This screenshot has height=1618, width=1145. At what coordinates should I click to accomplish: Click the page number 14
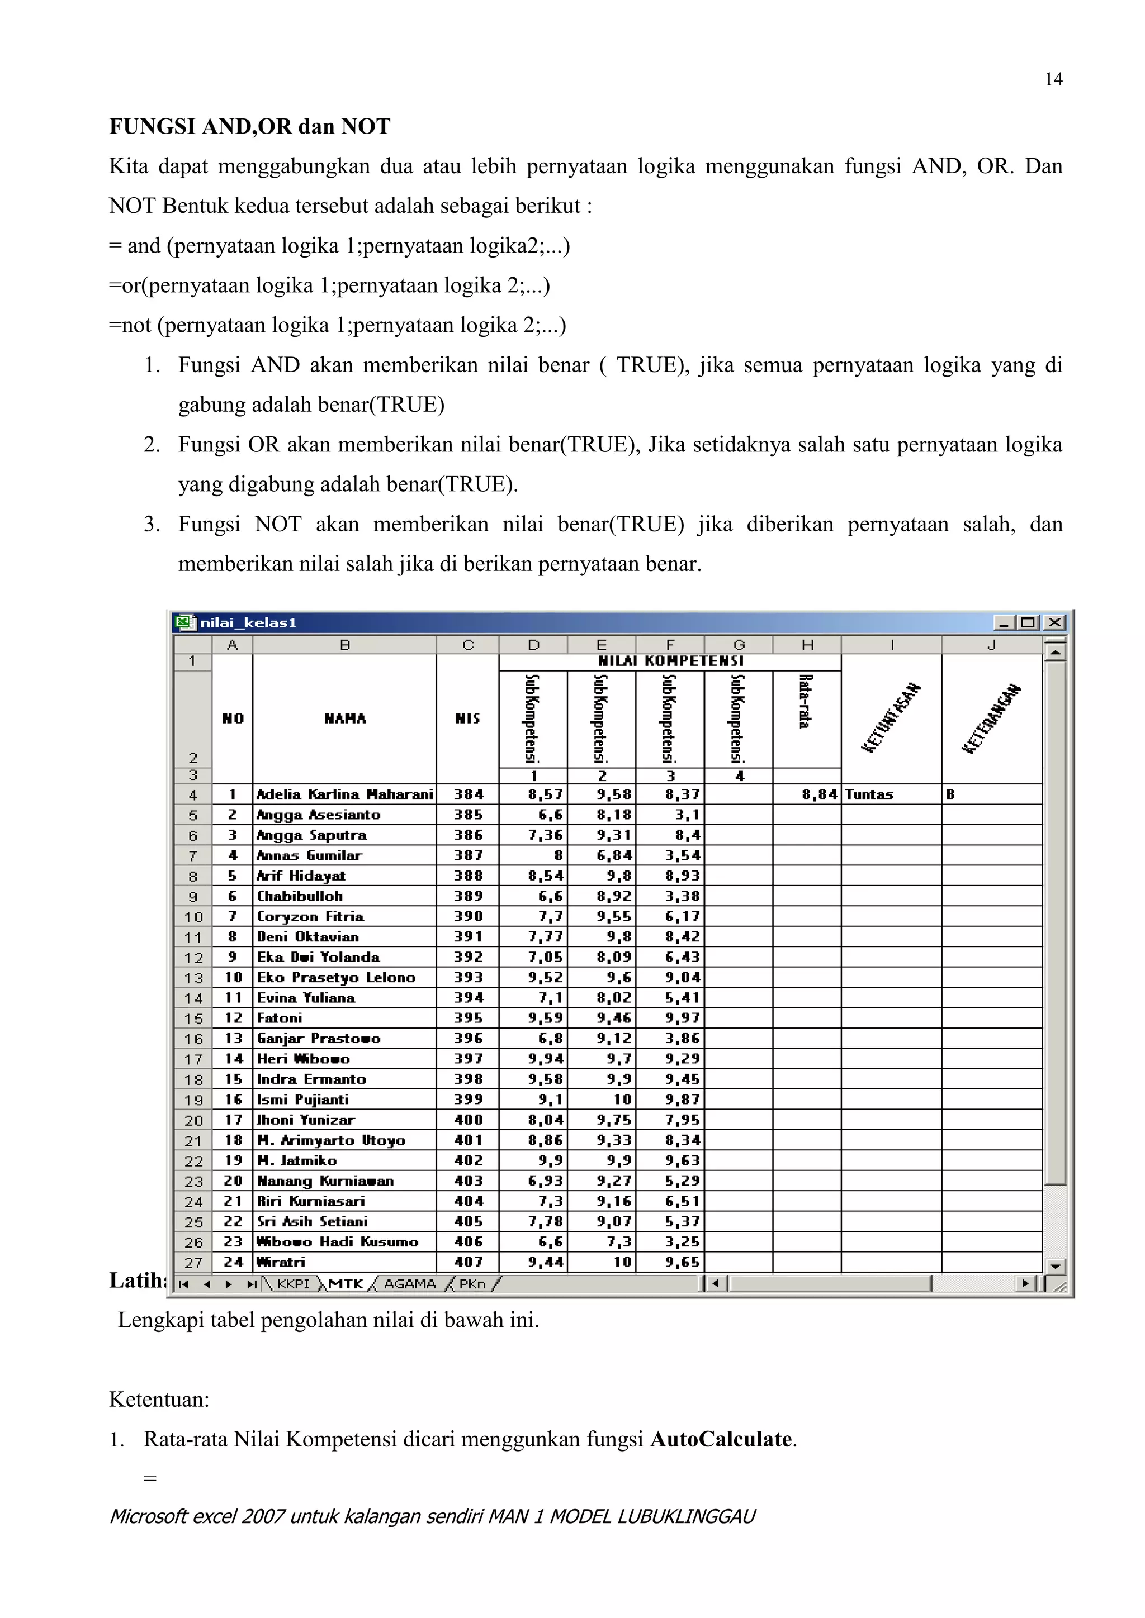pyautogui.click(x=1053, y=80)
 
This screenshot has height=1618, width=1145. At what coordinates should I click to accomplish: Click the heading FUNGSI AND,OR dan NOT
pyautogui.click(x=249, y=127)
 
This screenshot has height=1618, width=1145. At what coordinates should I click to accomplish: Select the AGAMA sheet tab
pyautogui.click(x=410, y=1283)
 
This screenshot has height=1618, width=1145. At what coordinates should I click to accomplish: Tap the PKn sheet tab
pyautogui.click(x=472, y=1283)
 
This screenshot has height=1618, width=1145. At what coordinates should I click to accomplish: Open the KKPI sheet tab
pyautogui.click(x=292, y=1283)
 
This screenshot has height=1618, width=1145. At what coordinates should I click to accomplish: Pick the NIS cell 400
pyautogui.click(x=468, y=1120)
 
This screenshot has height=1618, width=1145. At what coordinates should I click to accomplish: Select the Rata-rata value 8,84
pyautogui.click(x=819, y=794)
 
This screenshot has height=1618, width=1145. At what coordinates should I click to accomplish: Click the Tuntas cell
pyautogui.click(x=869, y=794)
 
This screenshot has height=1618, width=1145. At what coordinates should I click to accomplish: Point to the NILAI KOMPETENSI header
pyautogui.click(x=670, y=661)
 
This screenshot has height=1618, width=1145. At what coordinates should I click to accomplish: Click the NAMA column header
pyautogui.click(x=345, y=718)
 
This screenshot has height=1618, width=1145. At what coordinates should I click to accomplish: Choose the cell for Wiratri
pyautogui.click(x=281, y=1262)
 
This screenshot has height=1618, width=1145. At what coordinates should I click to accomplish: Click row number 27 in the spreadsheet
pyautogui.click(x=193, y=1263)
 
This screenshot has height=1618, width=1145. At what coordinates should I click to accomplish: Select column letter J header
pyautogui.click(x=991, y=645)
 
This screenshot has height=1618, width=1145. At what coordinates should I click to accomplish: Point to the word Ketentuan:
pyautogui.click(x=159, y=1400)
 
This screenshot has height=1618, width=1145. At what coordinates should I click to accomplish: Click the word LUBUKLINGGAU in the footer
pyautogui.click(x=685, y=1516)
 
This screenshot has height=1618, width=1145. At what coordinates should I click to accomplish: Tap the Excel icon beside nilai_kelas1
pyautogui.click(x=184, y=622)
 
